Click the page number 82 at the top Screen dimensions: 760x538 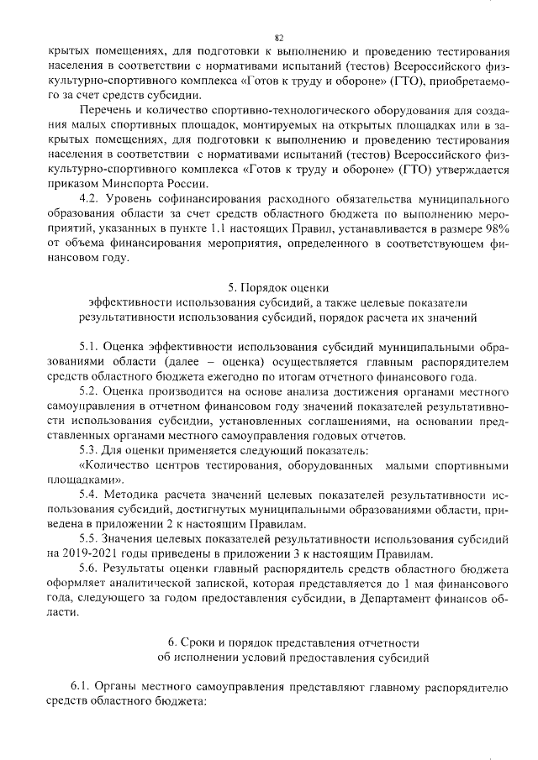[279, 38]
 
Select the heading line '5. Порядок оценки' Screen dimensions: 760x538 [278, 288]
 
